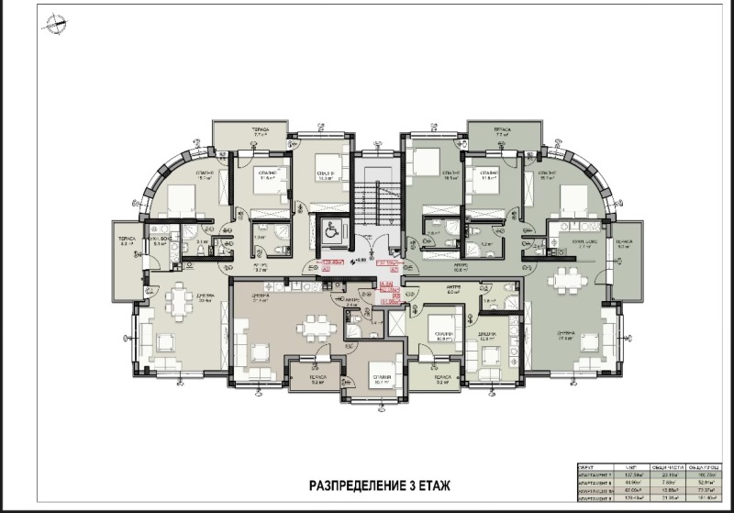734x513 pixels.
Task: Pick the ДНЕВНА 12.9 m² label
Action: click(486, 336)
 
